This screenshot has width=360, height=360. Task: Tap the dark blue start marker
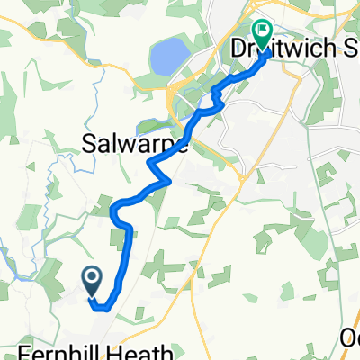(x=92, y=282)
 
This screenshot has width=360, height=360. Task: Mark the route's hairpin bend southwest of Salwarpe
(x=115, y=212)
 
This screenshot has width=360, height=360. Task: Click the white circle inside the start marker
(x=92, y=277)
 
